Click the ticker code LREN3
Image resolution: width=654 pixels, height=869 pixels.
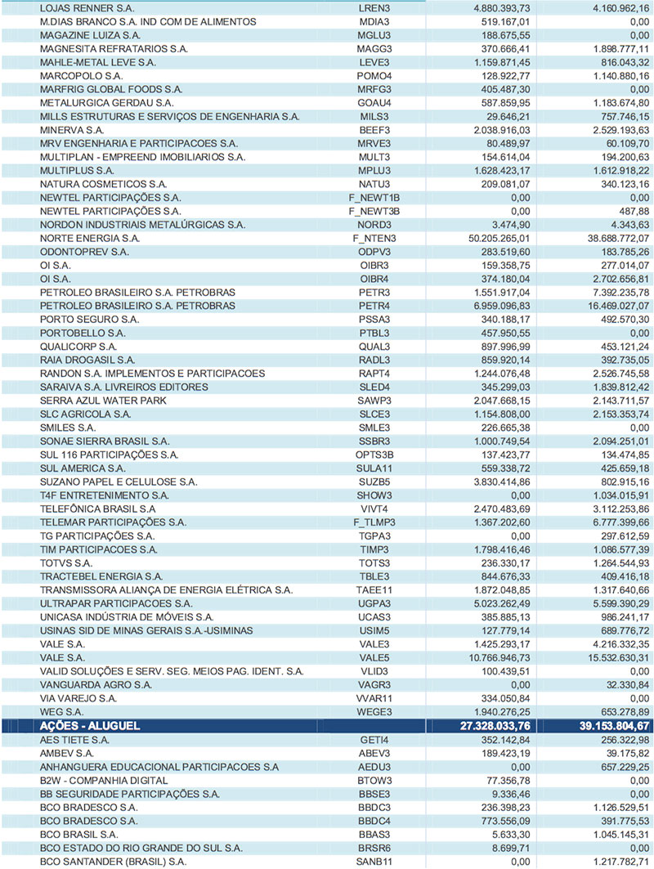click(373, 7)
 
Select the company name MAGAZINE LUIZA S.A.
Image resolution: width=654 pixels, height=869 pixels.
click(84, 34)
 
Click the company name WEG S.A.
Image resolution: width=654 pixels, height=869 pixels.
click(64, 712)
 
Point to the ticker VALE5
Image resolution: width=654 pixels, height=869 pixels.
click(374, 658)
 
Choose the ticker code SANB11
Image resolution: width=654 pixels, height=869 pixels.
click(374, 861)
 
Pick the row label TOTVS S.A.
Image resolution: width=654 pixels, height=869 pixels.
click(66, 563)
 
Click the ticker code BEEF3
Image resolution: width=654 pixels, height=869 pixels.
click(374, 129)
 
